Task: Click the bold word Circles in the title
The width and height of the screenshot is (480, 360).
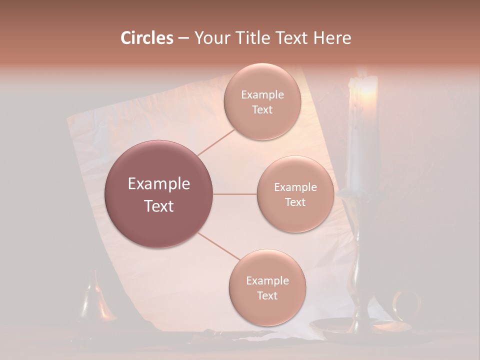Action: click(146, 38)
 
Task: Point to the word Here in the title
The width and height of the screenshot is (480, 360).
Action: click(332, 38)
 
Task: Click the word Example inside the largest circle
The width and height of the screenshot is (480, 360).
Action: click(159, 184)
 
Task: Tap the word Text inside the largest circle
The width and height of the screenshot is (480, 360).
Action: click(159, 206)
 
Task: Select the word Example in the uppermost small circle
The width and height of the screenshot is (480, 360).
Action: click(262, 95)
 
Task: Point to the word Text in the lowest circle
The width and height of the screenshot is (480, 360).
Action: click(267, 295)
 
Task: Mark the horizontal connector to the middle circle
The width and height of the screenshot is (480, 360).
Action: click(234, 194)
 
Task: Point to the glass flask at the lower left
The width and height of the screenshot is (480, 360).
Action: click(95, 300)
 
